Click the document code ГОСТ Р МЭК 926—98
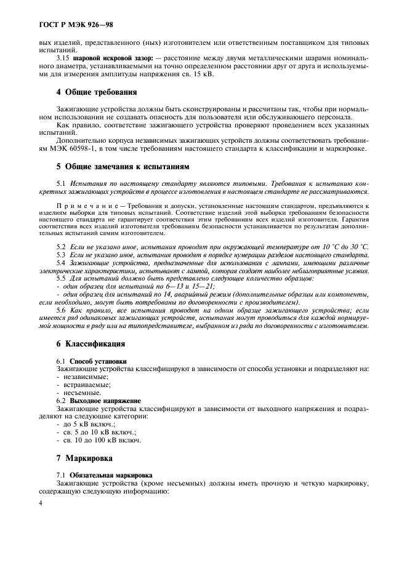68,26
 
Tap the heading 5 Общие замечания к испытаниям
123,166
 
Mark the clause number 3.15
63,57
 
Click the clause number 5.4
62,263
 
